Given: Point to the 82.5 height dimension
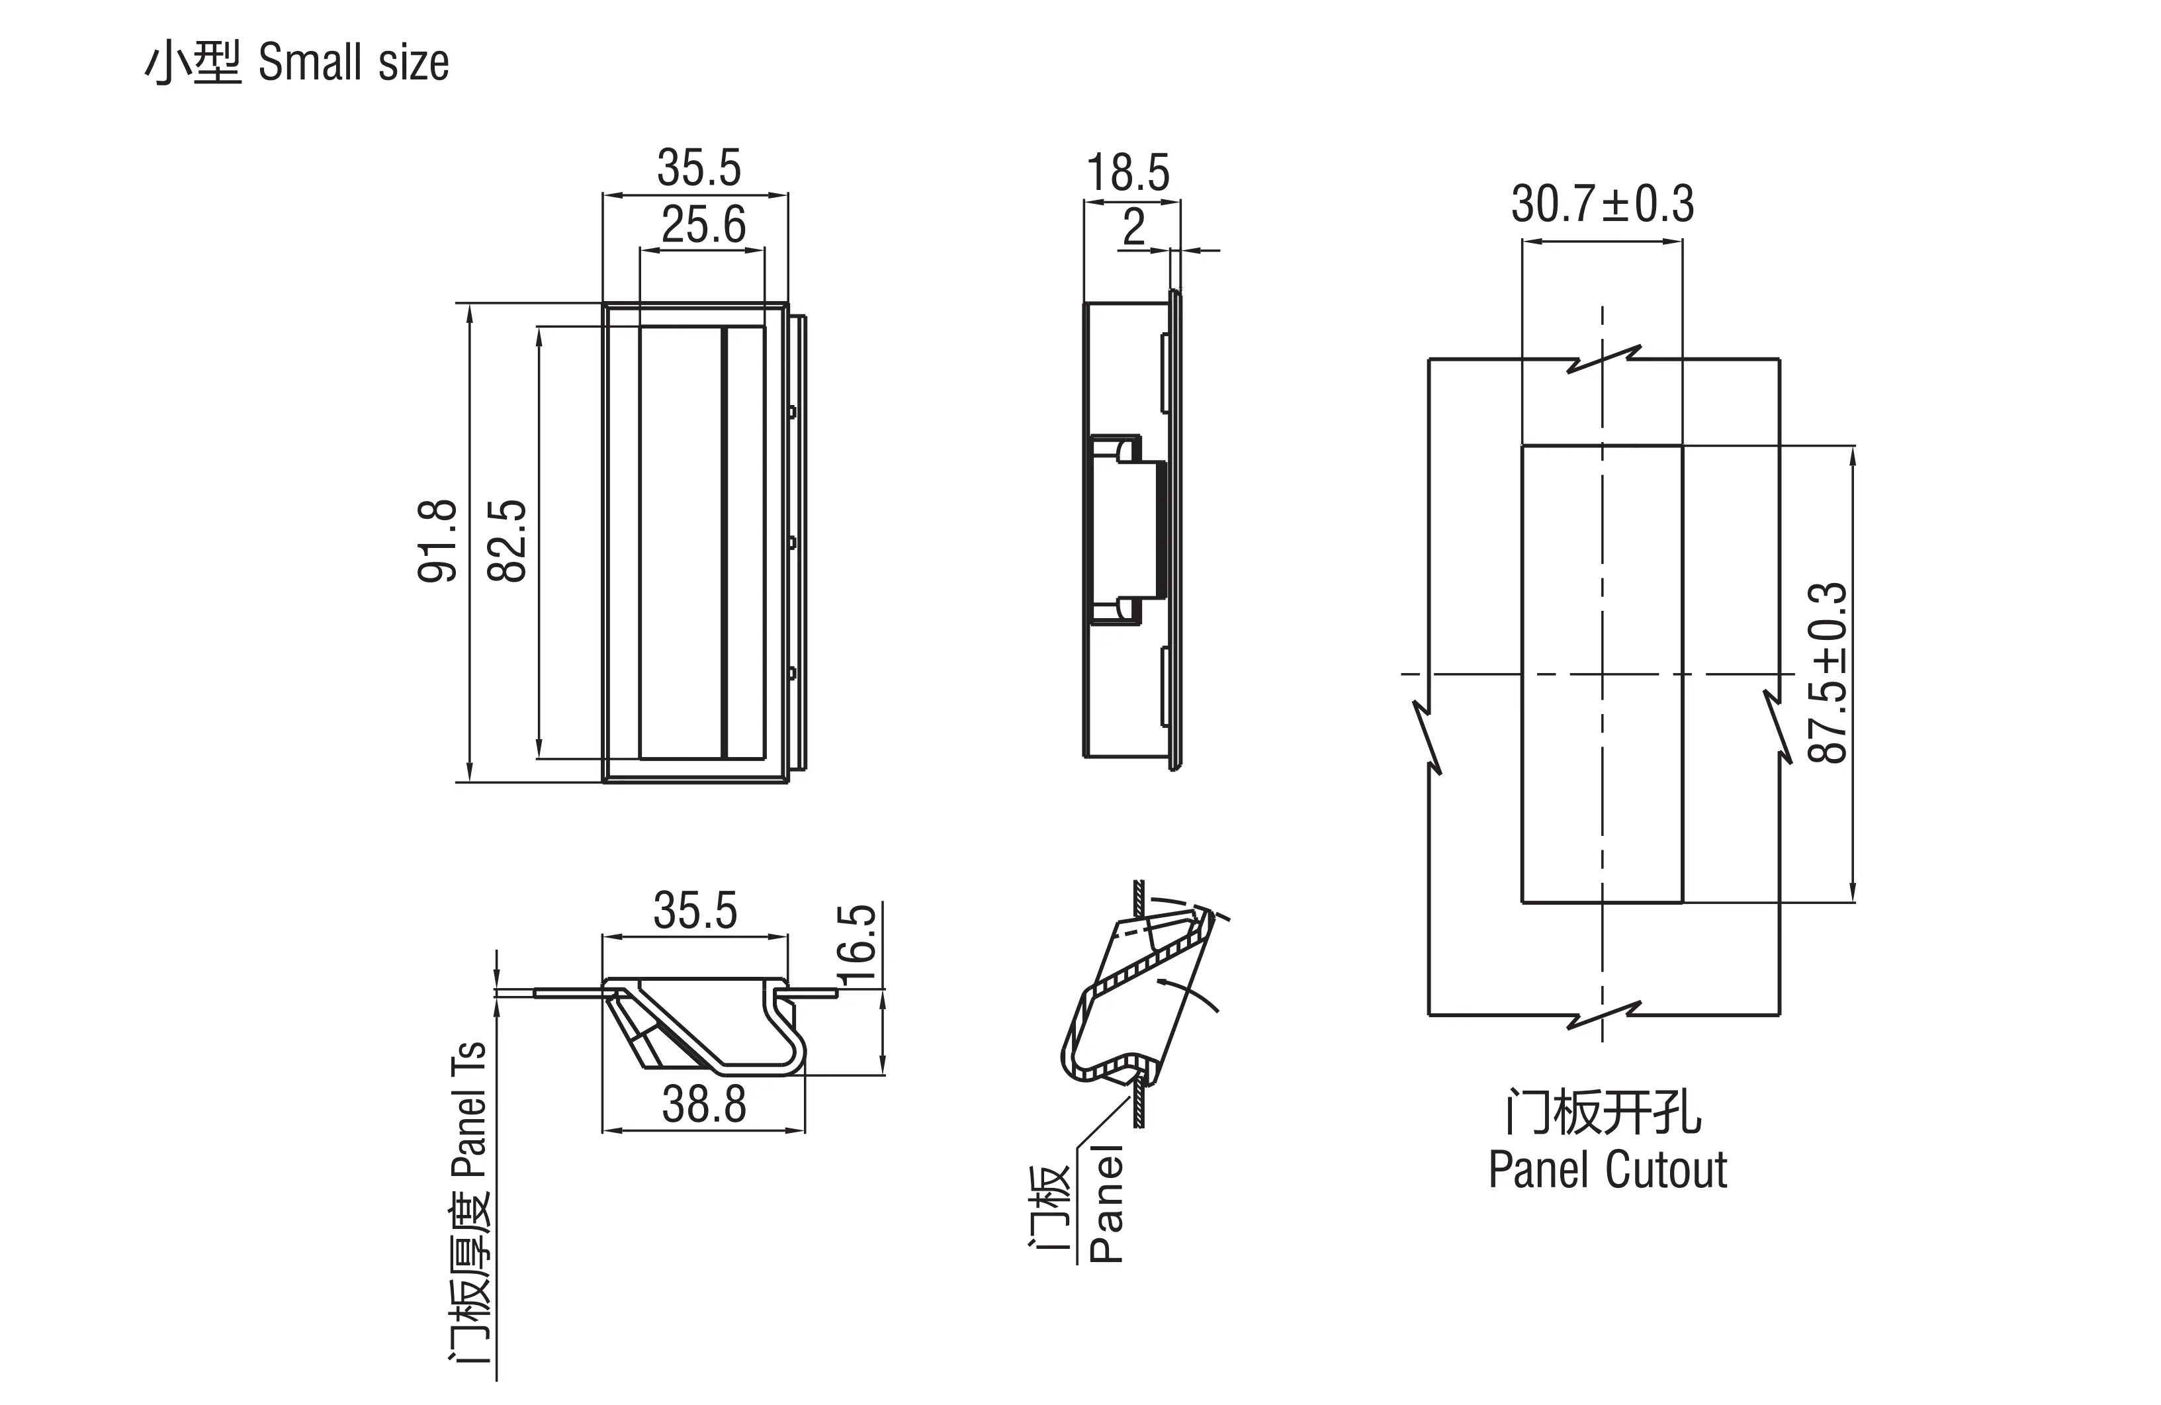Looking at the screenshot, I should point(507,541).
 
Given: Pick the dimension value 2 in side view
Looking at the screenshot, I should point(1133,227).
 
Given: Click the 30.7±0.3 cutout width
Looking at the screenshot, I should point(1602,204).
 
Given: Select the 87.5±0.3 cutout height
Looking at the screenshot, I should point(1827,673).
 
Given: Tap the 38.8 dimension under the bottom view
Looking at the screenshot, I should point(704,1105).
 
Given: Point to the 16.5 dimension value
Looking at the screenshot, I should point(858,944).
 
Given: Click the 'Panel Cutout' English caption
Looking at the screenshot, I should point(1607,1170).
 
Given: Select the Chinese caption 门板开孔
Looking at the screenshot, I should point(1603,1112).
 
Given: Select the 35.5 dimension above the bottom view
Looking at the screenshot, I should point(695,911).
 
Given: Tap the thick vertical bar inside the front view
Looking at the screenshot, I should point(725,542).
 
